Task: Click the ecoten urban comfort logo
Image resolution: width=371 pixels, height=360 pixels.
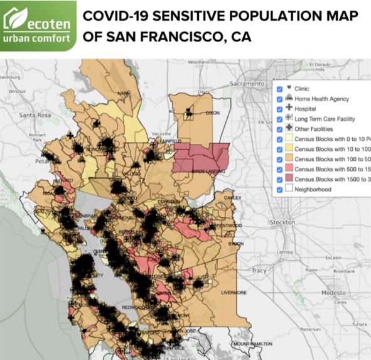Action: click(x=38, y=26)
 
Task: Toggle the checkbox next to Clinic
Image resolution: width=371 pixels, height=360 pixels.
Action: click(x=279, y=89)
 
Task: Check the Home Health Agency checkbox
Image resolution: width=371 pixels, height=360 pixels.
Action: click(x=279, y=99)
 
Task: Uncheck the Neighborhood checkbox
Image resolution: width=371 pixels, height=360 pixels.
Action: click(x=279, y=188)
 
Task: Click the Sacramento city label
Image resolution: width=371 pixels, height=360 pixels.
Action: click(x=247, y=83)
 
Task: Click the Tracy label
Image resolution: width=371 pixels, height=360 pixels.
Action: click(x=258, y=270)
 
